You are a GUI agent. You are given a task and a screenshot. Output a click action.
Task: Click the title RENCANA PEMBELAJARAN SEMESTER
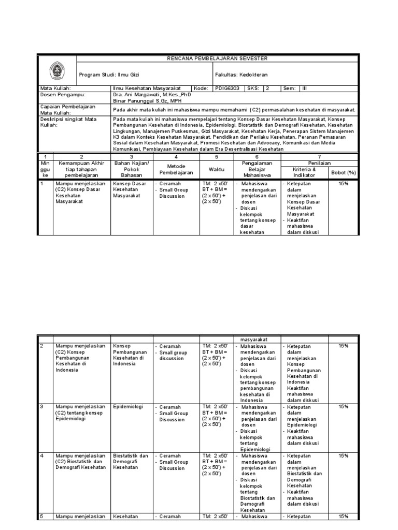tap(216, 58)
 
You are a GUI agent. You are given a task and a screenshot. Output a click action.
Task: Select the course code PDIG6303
tap(228, 89)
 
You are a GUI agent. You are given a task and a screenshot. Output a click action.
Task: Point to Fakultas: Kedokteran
tap(247, 75)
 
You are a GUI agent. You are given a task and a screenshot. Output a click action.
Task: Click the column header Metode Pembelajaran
tap(176, 168)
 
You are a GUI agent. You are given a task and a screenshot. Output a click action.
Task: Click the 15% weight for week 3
tap(343, 407)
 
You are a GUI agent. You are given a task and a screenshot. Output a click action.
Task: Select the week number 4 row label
tap(42, 456)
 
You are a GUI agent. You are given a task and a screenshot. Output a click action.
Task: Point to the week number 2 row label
tap(42, 345)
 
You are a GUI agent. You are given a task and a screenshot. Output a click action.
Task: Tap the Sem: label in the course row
tap(289, 89)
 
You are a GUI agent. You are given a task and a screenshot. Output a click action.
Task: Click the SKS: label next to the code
tap(252, 89)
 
